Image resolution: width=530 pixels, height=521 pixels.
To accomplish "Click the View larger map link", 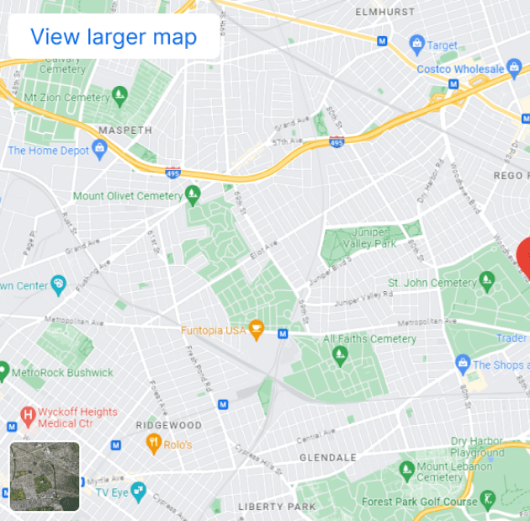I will tap(114, 37).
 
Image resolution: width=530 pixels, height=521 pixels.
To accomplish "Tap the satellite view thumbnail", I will tap(45, 476).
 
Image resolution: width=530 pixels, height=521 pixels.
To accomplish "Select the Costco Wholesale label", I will tap(460, 69).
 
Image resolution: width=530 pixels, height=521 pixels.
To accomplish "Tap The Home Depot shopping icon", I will tap(101, 151).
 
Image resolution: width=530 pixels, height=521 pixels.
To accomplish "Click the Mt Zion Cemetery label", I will tap(66, 98).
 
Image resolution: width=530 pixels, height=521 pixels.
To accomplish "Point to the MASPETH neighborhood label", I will tap(125, 130).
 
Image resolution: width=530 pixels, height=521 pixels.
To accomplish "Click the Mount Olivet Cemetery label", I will tap(127, 196).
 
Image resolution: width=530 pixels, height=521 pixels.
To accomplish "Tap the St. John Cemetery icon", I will tap(486, 279).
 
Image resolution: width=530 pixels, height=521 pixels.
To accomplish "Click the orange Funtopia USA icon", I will tap(257, 330).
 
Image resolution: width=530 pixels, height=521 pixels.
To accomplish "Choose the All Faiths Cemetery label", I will tap(370, 338).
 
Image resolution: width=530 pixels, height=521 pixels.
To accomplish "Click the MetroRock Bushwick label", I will tap(62, 372).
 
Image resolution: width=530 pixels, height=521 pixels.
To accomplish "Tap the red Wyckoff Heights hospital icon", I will tap(28, 415).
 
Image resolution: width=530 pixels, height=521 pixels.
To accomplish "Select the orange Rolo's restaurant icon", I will tap(153, 444).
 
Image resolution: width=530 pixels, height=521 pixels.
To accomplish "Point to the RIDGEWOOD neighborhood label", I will tap(168, 425).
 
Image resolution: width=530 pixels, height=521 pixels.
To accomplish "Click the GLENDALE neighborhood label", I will tap(328, 458).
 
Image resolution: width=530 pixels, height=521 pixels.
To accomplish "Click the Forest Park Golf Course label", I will tap(419, 502).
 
